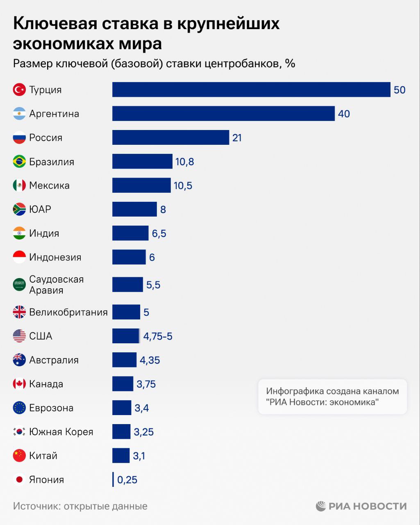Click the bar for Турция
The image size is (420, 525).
pos(251,89)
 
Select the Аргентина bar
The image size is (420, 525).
pos(223,114)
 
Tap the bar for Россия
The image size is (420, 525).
pos(170,137)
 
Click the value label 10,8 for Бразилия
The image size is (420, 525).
pos(185,162)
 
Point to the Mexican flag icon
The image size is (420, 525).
pos(19,185)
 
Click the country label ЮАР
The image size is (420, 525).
pos(40,209)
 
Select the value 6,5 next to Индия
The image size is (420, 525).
pos(159,233)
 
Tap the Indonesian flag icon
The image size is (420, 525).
pos(19,257)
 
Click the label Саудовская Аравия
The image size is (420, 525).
pos(57,285)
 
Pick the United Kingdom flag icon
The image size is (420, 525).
pos(19,312)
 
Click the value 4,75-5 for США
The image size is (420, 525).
pos(158,336)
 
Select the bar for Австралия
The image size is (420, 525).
pos(124,360)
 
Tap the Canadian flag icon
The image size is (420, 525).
pos(19,384)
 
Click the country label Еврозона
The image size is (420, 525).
pos(51,408)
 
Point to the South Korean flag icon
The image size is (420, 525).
pos(19,432)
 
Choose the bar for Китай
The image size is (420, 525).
pos(121,456)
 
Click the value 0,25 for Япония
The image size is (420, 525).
pos(127,479)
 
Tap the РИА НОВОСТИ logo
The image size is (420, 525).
pos(361,506)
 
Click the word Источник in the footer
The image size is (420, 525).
pos(36,506)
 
